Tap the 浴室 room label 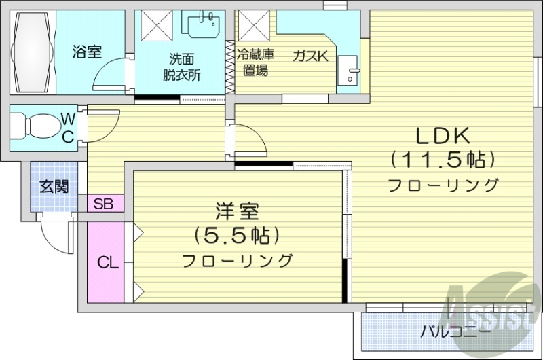[86, 50]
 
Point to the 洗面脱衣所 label [181, 67]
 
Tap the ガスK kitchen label [310, 56]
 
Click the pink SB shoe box [105, 203]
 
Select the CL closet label [108, 262]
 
